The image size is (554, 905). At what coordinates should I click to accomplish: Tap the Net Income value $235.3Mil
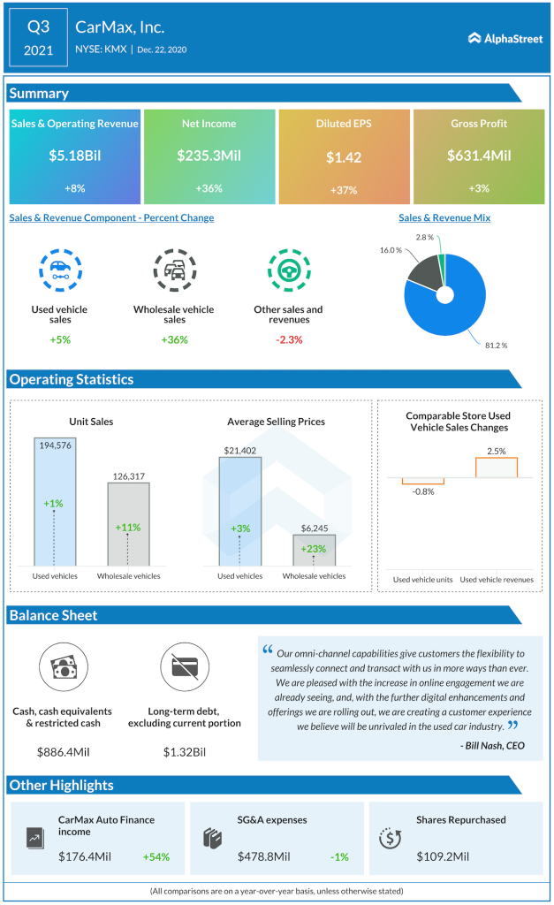coord(209,156)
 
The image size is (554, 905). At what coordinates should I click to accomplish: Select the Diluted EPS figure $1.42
coord(344,157)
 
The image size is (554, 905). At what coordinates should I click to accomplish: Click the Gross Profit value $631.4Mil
coord(479,156)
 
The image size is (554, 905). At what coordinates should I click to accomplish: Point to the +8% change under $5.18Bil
coord(74,188)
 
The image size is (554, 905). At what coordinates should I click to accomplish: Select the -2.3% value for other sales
coord(289,339)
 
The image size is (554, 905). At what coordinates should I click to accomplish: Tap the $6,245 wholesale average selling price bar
coord(313,550)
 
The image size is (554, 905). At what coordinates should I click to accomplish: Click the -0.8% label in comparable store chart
coord(423,491)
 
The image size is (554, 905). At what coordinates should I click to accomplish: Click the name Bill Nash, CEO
coord(491,746)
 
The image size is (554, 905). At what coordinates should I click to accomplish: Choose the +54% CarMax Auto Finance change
coord(156,856)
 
